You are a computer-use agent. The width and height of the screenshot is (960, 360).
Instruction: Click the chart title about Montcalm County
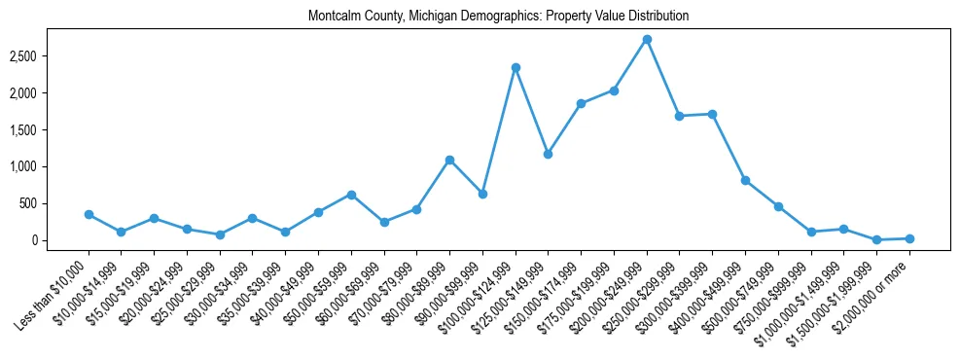tap(498, 17)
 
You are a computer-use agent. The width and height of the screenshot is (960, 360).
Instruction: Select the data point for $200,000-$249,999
tap(647, 39)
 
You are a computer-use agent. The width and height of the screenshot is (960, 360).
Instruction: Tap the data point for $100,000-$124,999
tap(516, 67)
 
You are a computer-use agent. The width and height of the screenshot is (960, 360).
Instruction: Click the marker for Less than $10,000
tap(89, 214)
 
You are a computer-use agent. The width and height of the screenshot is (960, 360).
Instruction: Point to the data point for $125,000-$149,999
tap(549, 154)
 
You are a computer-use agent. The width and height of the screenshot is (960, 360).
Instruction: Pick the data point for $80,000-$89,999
tap(449, 160)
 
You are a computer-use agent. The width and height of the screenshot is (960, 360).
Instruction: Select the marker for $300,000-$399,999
tap(713, 114)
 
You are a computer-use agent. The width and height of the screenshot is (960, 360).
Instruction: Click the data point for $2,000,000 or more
tap(909, 238)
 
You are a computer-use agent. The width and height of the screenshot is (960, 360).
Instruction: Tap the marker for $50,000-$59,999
tap(351, 195)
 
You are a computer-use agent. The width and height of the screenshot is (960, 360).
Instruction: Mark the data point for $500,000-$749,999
tap(778, 206)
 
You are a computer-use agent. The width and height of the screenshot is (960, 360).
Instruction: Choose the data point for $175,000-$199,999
tap(614, 90)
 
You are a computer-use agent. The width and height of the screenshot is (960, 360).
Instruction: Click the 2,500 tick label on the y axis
tap(50, 56)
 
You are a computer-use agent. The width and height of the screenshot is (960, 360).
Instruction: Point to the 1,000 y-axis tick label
tap(50, 166)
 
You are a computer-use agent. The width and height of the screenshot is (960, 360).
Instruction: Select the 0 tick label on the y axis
tap(60, 240)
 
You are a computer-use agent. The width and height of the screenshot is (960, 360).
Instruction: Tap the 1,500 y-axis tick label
tap(50, 129)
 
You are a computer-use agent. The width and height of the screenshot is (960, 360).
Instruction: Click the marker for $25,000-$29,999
tap(220, 234)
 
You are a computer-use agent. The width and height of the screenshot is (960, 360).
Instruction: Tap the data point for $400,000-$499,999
tap(745, 180)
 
